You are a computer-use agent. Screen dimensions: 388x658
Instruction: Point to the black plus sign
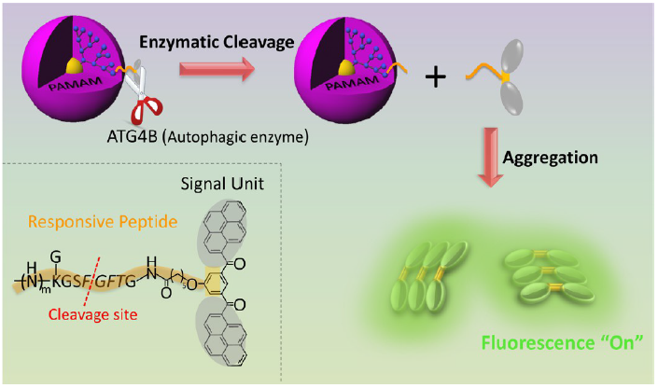tap(433, 77)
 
